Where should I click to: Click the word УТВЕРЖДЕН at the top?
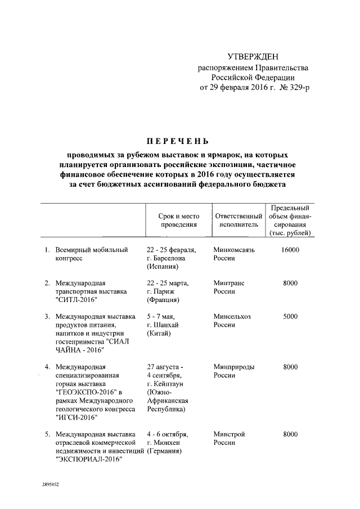point(253,57)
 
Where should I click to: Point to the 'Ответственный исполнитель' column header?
point(238,220)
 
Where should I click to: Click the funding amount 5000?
point(290,316)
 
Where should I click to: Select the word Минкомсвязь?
point(235,249)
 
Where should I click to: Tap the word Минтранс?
point(229,283)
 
